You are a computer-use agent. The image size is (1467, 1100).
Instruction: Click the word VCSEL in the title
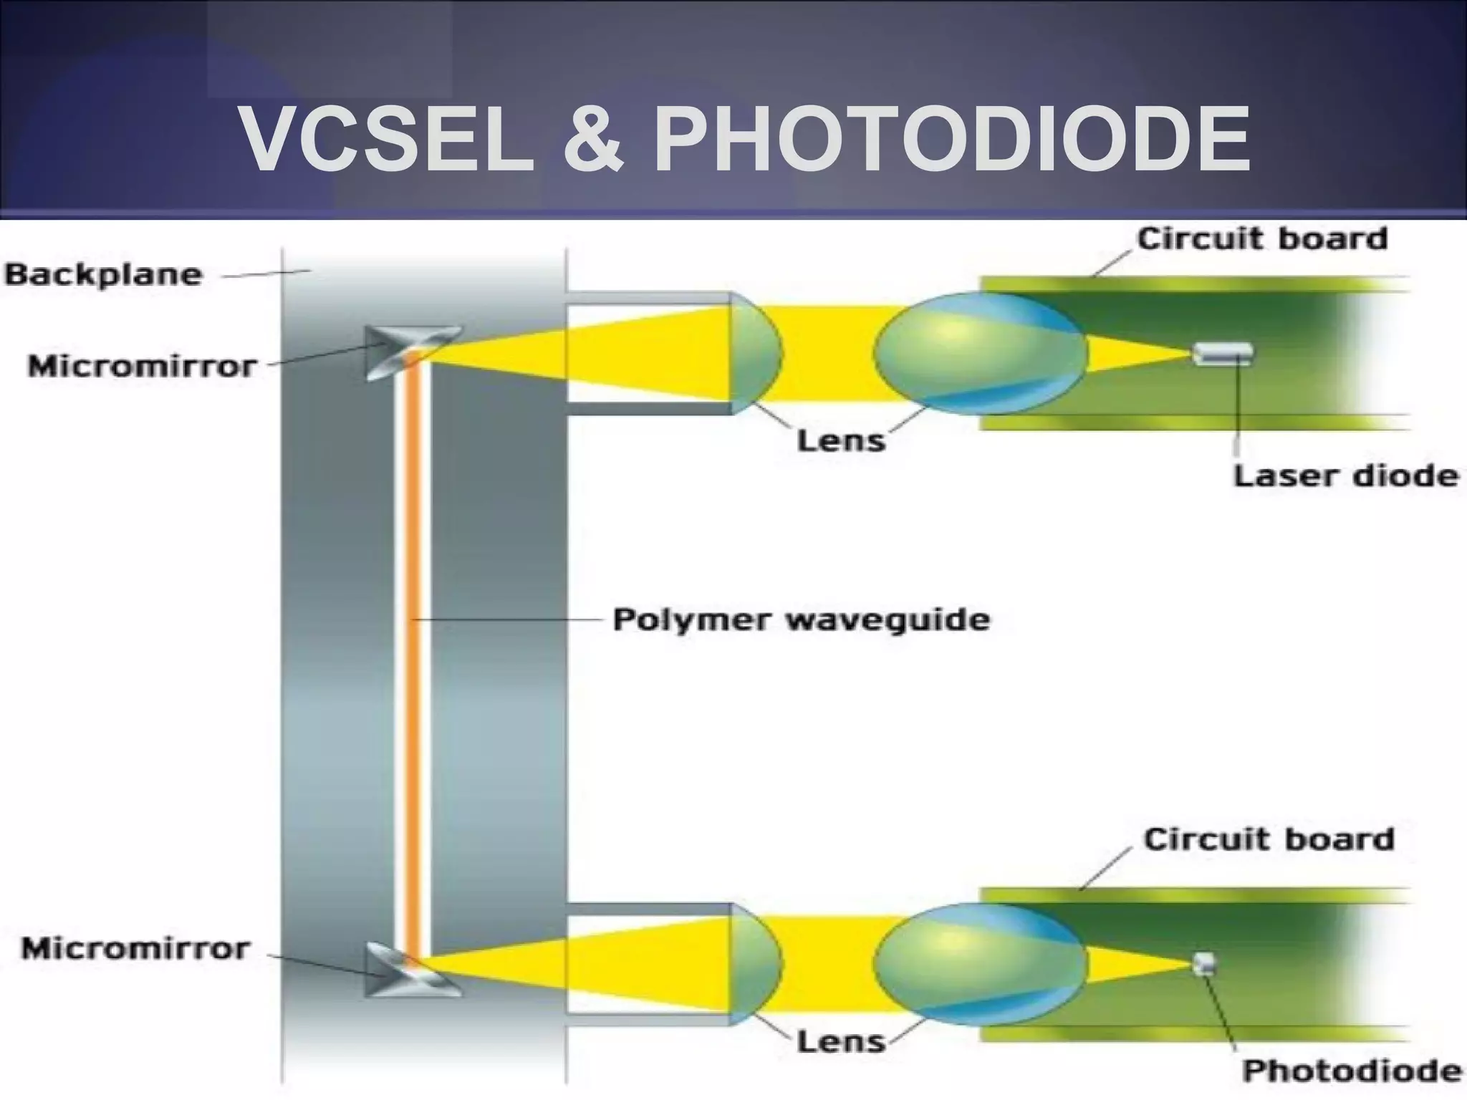coord(386,139)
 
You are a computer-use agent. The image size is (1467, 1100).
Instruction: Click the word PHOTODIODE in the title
coord(952,139)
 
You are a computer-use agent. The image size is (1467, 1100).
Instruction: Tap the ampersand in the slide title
coord(592,140)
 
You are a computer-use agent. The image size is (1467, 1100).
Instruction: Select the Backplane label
coord(104,275)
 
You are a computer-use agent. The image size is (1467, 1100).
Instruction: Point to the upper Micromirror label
coord(142,367)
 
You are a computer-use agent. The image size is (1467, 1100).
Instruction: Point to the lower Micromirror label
coord(136,949)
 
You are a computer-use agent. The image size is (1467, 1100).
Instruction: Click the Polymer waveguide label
coord(802,619)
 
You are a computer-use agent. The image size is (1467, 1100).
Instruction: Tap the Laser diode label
coord(1346,476)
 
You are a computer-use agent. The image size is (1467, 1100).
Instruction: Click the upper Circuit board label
coord(1262,239)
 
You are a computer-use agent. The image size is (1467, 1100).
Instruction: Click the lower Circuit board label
coord(1269,839)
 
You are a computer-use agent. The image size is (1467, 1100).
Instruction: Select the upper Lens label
coord(841,440)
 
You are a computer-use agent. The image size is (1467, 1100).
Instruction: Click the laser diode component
coord(1223,354)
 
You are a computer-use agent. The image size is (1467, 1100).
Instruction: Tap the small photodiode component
coord(1204,963)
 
